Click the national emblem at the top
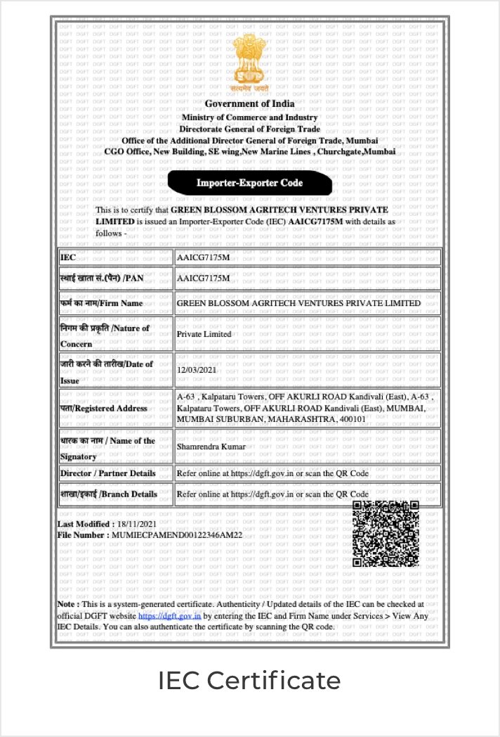[250, 65]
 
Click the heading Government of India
[250, 104]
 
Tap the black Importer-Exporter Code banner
[249, 183]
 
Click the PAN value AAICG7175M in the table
[204, 278]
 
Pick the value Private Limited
[204, 334]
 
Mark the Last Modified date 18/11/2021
[136, 524]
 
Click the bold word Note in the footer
[67, 604]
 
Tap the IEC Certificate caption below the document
[249, 681]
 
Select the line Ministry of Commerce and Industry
[250, 117]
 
